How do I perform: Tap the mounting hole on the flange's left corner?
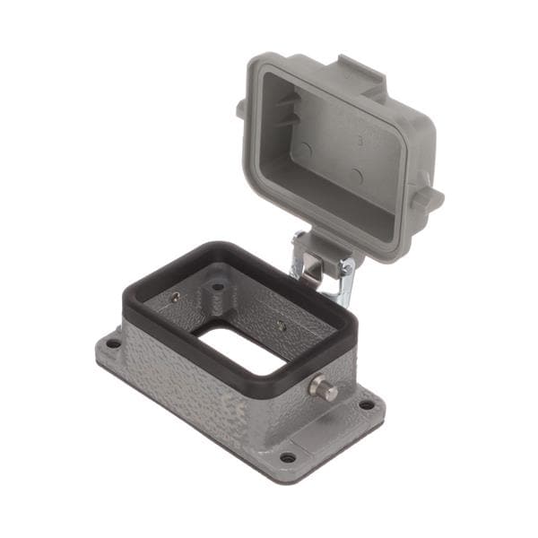click(113, 343)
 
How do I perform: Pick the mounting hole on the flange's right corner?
click(367, 404)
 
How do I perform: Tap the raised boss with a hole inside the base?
click(217, 291)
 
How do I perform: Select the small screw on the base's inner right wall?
click(282, 326)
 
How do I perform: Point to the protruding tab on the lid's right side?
click(428, 196)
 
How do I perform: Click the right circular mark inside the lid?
click(356, 176)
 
